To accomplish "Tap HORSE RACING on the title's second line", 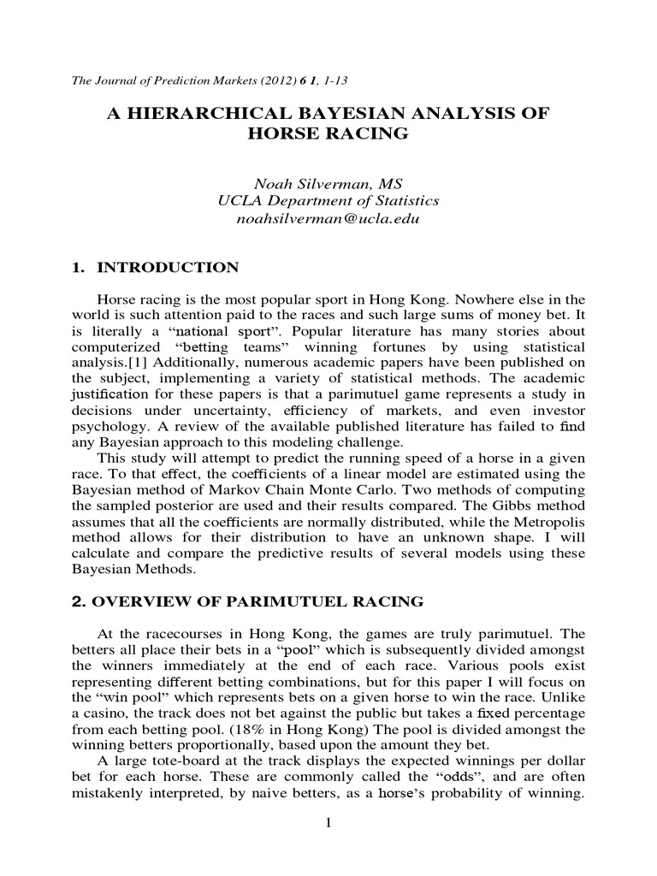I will (x=328, y=134).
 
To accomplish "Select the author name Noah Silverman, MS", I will (x=328, y=183).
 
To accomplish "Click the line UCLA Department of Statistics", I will (x=328, y=201).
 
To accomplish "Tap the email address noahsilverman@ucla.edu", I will (x=328, y=219).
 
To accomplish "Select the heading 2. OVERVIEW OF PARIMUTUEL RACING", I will (x=247, y=601).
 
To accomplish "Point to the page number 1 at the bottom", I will (x=328, y=824).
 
